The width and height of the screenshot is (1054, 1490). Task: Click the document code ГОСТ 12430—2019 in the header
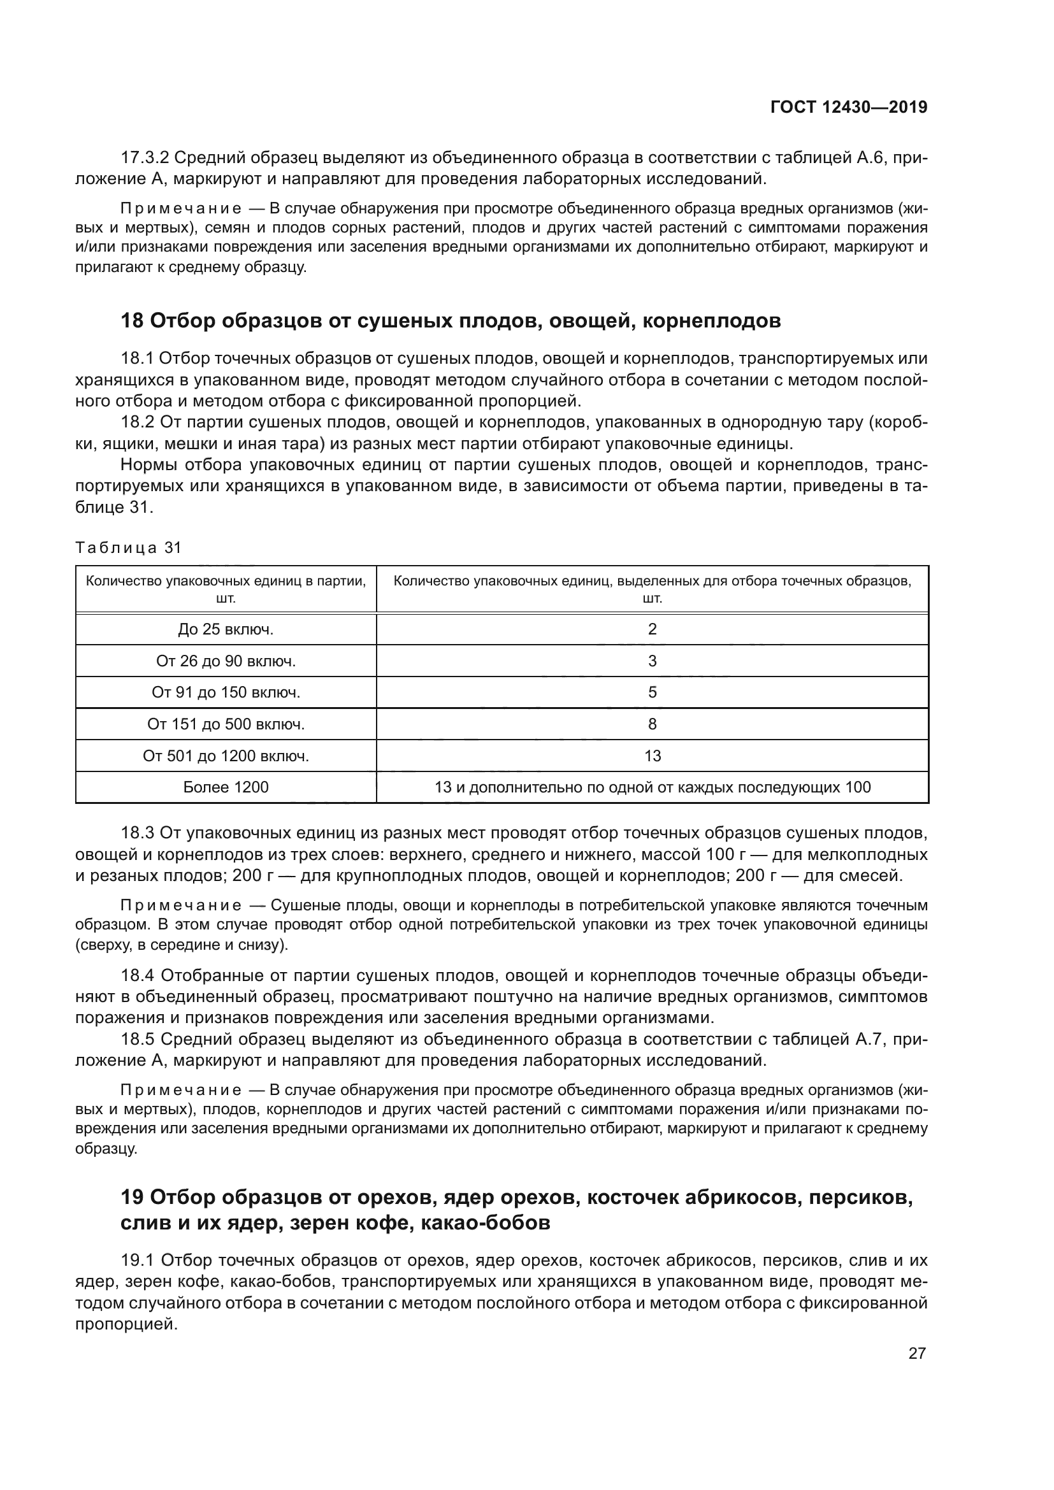click(x=849, y=107)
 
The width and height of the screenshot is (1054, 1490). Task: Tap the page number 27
click(x=917, y=1353)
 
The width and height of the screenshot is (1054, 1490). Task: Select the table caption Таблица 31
click(x=129, y=548)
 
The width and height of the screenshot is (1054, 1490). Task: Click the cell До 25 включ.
click(x=226, y=629)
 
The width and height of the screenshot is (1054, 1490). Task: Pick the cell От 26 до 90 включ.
click(x=226, y=661)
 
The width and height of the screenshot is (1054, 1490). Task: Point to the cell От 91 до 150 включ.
click(x=226, y=692)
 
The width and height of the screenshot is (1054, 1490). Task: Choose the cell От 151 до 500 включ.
click(x=226, y=724)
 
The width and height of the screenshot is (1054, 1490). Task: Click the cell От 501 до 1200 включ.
click(x=226, y=756)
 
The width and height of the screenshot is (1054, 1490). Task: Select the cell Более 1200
click(x=226, y=787)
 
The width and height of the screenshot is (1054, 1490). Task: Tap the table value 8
click(x=653, y=724)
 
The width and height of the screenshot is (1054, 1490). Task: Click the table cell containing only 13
click(x=653, y=756)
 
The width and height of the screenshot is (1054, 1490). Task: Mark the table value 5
click(x=653, y=692)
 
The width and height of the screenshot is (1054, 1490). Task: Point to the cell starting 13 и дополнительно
click(x=653, y=787)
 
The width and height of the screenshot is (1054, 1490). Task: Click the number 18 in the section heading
click(x=132, y=320)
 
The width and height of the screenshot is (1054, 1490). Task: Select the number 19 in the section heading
click(x=132, y=1192)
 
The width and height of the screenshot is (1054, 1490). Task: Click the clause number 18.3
click(x=137, y=833)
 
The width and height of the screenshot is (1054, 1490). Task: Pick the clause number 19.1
click(x=137, y=1261)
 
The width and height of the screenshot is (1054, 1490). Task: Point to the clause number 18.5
click(x=137, y=1039)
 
